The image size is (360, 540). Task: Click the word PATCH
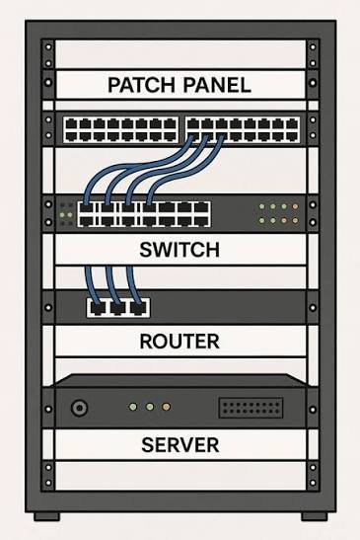tap(141, 85)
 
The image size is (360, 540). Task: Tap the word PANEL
tap(217, 85)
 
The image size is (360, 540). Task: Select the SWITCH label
tap(180, 250)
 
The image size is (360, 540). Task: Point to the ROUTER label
tap(180, 342)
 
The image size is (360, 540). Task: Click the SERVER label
tap(180, 444)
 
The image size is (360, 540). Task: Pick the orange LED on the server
tap(166, 407)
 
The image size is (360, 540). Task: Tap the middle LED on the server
tap(149, 407)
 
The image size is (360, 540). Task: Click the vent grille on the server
tap(251, 408)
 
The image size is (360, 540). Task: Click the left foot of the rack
tap(46, 516)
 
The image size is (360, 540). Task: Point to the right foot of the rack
tap(315, 516)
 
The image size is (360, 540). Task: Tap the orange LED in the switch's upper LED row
tap(295, 207)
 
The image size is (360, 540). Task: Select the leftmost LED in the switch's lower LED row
tap(262, 220)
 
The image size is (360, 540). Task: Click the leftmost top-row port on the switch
tap(86, 208)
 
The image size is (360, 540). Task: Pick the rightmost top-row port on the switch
tap(201, 208)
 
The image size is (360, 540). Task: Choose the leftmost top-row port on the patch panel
tap(71, 123)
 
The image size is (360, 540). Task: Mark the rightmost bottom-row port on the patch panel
tap(292, 136)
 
